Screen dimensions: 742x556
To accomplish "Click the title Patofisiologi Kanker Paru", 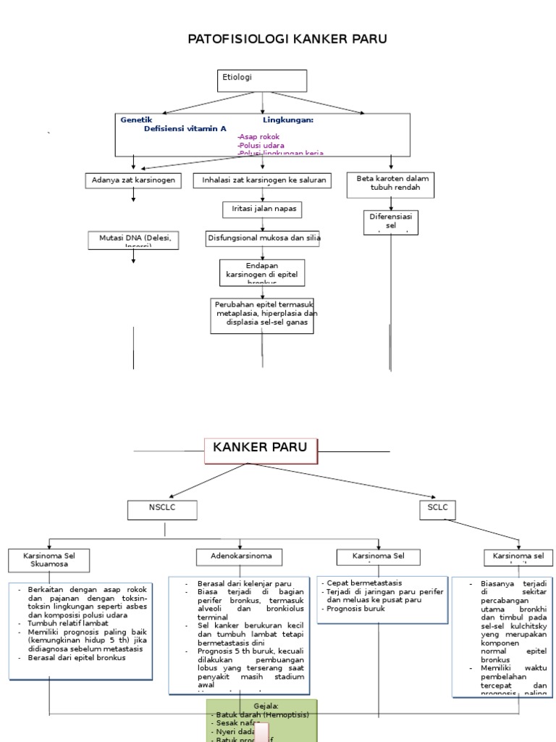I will click(x=287, y=39).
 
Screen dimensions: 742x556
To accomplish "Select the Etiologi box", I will click(x=262, y=80).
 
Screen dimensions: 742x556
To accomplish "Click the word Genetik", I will click(x=136, y=120).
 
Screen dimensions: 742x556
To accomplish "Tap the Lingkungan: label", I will click(x=287, y=120).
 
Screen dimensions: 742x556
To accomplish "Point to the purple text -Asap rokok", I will click(x=258, y=136).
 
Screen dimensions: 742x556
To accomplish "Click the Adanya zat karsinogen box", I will click(x=133, y=180).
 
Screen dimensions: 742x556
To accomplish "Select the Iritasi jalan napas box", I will click(x=262, y=209).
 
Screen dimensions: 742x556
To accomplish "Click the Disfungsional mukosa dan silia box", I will click(x=264, y=238).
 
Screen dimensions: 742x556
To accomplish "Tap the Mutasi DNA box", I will click(x=133, y=240).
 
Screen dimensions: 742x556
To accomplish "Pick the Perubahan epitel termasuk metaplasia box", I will click(x=262, y=315).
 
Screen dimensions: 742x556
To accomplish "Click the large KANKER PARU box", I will click(x=261, y=449).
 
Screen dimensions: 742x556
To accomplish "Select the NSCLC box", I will click(x=162, y=509).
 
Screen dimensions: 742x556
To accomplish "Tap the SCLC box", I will click(x=437, y=509).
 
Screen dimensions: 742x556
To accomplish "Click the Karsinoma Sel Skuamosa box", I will click(x=49, y=559).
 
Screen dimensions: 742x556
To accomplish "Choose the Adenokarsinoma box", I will click(x=239, y=556).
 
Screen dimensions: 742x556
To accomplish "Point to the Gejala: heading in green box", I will click(x=266, y=706).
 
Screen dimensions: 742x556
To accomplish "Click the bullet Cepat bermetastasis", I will click(x=363, y=583).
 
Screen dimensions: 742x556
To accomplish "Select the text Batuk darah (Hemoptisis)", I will click(x=262, y=714).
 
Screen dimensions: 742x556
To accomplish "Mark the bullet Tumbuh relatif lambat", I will click(x=68, y=623).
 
